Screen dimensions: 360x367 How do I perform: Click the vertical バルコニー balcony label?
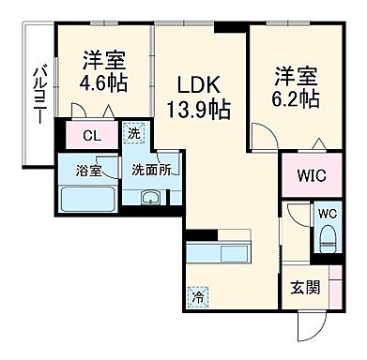40,96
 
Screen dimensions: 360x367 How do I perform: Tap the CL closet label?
91,135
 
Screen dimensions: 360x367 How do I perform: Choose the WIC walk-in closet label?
307,176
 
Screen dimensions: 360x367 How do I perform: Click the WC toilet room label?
328,213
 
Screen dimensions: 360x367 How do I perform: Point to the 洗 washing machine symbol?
135,134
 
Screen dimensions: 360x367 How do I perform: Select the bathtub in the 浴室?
86,201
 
